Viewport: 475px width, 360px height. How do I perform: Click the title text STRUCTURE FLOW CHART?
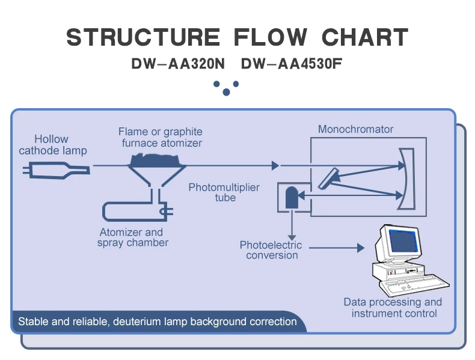pyautogui.click(x=237, y=37)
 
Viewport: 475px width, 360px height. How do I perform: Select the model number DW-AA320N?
pyautogui.click(x=178, y=64)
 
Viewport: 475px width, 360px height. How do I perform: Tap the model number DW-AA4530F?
pyautogui.click(x=292, y=64)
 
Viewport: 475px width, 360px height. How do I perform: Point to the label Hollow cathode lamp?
pyautogui.click(x=52, y=145)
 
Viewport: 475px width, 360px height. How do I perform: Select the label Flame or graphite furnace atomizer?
pyautogui.click(x=161, y=137)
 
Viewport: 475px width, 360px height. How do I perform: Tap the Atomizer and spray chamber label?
pyautogui.click(x=132, y=237)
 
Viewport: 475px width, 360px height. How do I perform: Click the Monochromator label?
pyautogui.click(x=355, y=129)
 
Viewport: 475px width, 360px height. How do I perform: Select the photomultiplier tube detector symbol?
pyautogui.click(x=292, y=198)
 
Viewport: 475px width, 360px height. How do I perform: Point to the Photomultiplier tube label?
pyautogui.click(x=224, y=192)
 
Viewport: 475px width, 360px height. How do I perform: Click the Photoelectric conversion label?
pyautogui.click(x=271, y=250)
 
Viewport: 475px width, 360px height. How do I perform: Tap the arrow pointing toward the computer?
pyautogui.click(x=360, y=248)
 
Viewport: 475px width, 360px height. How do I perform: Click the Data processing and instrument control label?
pyautogui.click(x=393, y=308)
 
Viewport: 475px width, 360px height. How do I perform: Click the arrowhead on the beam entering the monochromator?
pyautogui.click(x=276, y=165)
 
